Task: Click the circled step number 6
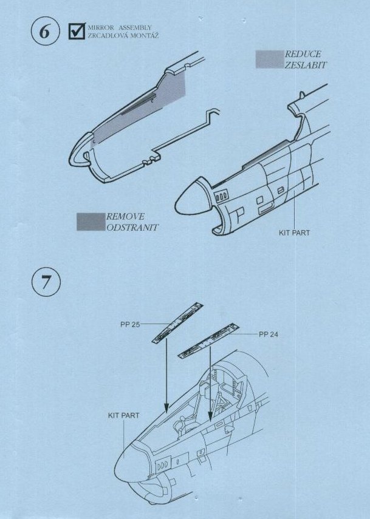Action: (x=44, y=32)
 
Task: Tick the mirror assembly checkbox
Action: (x=77, y=32)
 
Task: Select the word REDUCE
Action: (x=303, y=55)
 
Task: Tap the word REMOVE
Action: (x=125, y=216)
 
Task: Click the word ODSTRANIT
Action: (x=131, y=227)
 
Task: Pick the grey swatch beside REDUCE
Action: (x=269, y=59)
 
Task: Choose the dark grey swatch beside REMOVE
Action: (x=91, y=222)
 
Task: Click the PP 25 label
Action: (x=130, y=325)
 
